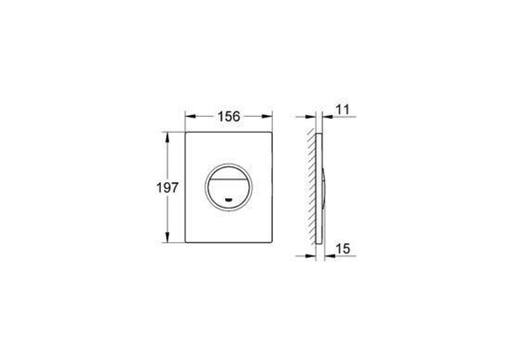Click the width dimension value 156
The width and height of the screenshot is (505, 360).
click(228, 117)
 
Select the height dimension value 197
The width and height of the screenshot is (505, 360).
click(167, 188)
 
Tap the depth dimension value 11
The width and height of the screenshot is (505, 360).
click(343, 110)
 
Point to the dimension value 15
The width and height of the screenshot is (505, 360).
click(343, 249)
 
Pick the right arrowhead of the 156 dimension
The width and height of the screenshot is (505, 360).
click(267, 117)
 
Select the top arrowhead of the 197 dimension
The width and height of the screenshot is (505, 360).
click(167, 137)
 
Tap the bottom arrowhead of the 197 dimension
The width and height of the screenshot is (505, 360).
click(167, 237)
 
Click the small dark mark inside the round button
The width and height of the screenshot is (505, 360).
click(228, 199)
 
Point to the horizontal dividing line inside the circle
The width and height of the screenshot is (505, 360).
click(228, 179)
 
